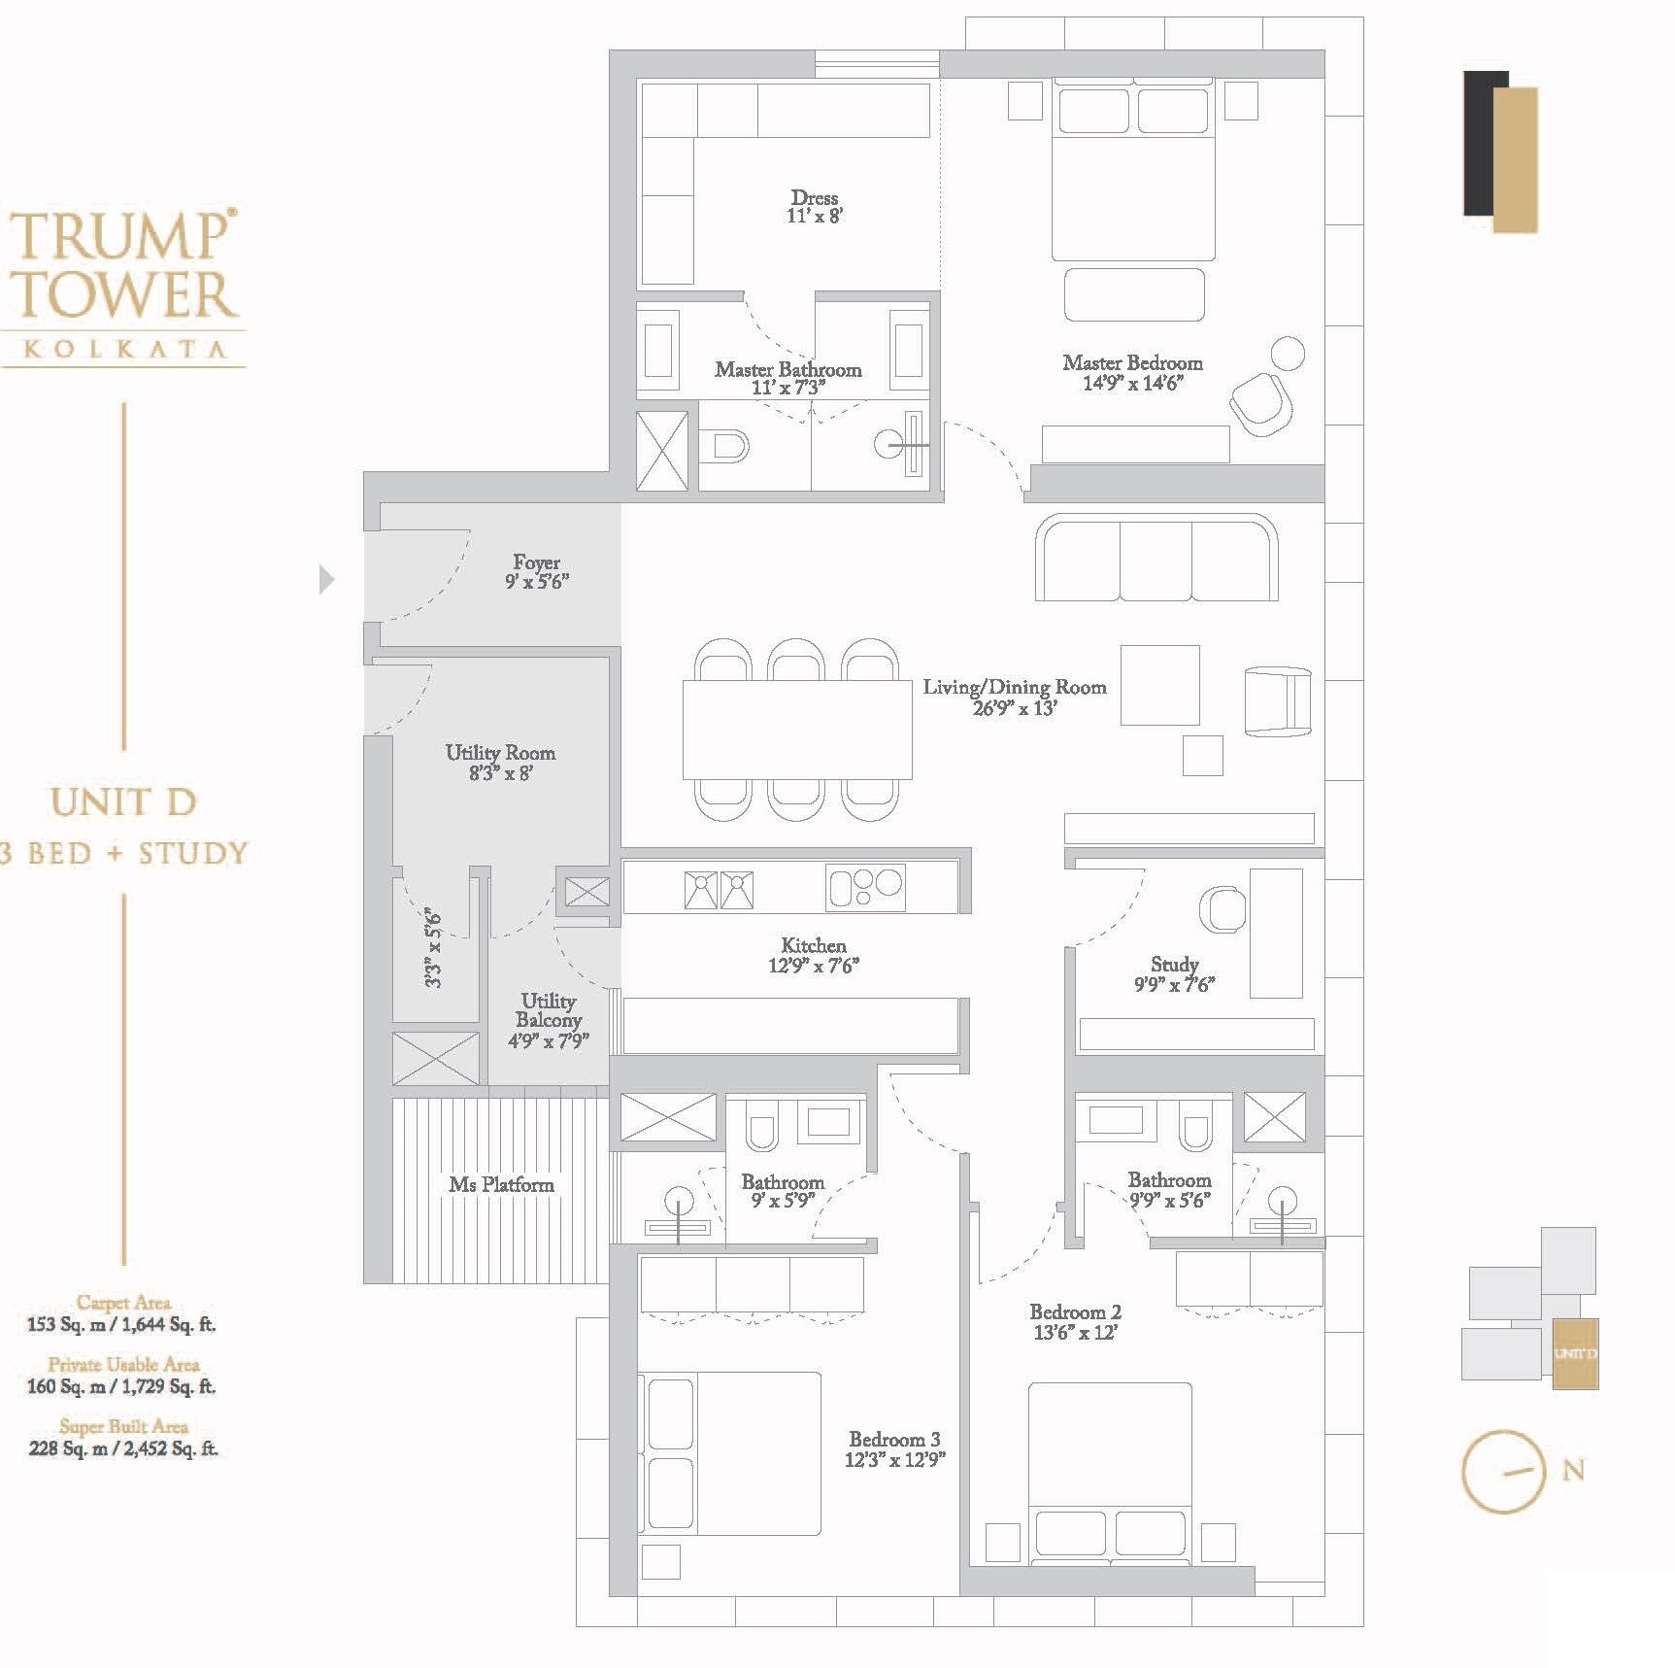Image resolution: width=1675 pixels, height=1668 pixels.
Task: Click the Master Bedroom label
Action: pos(1132,363)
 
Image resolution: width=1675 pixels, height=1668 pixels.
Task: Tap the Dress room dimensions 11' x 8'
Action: pos(814,217)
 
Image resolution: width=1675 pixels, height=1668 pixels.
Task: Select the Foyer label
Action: pos(536,562)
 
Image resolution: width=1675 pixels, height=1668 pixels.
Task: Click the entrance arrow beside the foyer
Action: pos(326,579)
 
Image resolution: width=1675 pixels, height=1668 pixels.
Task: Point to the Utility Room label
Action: pos(500,753)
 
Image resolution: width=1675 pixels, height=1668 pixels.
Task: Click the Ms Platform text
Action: pos(501,1185)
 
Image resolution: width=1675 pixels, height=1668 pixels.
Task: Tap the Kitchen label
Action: pos(814,945)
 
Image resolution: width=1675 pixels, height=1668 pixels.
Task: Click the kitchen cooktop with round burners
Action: pos(865,887)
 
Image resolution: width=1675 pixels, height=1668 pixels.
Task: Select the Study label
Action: pos(1174,965)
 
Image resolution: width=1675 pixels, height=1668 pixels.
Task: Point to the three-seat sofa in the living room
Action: pos(1156,559)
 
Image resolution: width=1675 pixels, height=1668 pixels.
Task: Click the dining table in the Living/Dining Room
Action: pos(796,730)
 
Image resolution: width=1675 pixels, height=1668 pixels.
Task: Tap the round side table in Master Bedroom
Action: pos(1288,354)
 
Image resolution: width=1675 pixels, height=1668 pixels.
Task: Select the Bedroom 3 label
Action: pos(893,1440)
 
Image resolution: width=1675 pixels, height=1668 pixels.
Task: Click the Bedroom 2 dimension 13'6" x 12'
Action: pos(1075,1333)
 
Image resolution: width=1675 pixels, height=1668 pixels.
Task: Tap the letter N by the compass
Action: pos(1573,1471)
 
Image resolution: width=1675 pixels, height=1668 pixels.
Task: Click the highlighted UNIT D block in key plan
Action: pos(1574,1353)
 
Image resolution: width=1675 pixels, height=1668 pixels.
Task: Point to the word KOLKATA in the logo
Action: pos(124,349)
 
